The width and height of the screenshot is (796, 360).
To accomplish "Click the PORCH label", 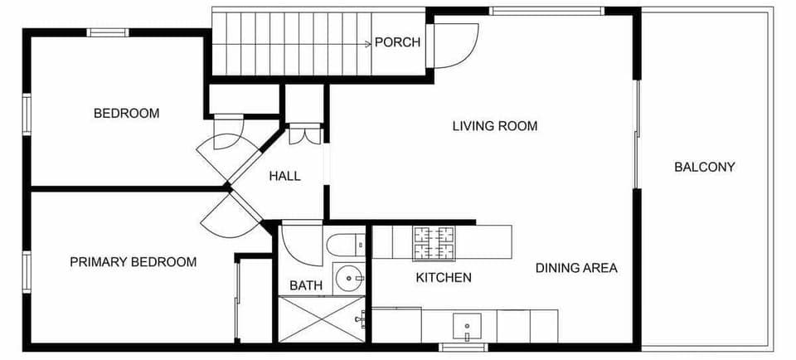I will coord(397,42).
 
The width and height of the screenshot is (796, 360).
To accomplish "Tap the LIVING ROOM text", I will coord(495,126).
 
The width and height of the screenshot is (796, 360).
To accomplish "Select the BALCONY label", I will coord(704,167).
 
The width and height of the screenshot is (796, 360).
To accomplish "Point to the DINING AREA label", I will coord(576,268).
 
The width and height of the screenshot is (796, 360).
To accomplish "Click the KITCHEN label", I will coord(444,278).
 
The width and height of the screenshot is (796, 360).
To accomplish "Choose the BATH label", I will coord(306,285).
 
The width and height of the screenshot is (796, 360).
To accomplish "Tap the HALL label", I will coord(284,176).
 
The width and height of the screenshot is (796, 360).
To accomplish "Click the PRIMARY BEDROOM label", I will coord(133,262).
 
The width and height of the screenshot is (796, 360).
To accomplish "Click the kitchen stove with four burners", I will coord(434,242).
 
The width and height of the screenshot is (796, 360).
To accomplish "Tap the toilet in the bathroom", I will coord(345,244).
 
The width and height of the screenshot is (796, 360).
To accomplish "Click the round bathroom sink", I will coord(350,277).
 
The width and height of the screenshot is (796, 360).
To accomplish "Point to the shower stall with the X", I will coord(321,319).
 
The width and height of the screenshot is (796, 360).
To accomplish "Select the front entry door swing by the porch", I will coord(456,46).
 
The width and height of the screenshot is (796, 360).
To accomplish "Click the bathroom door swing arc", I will coord(297,243).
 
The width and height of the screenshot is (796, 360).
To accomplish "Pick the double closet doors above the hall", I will coord(304,134).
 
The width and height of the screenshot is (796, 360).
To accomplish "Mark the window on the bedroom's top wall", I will coord(108,33).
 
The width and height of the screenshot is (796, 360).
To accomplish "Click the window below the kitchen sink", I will coord(463,347).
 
